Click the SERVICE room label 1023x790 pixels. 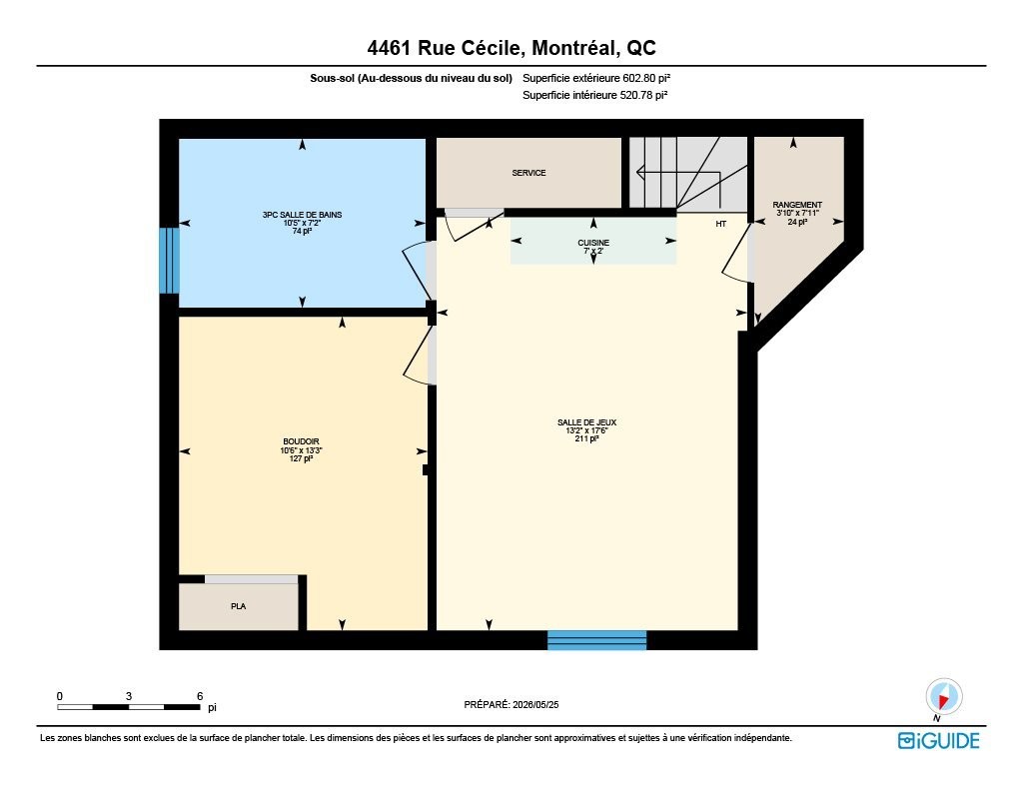coord(528,173)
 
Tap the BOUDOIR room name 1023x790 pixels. coord(301,441)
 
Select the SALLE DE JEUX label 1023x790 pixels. coord(586,422)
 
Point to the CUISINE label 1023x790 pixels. coord(593,243)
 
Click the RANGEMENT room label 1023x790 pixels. coord(797,205)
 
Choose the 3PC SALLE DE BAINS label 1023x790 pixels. coord(302,215)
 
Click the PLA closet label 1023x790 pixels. coord(238,606)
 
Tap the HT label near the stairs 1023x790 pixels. coord(721,224)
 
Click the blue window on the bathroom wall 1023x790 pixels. coord(170,261)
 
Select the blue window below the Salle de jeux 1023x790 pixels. coord(597,640)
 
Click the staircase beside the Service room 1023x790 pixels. coord(688,174)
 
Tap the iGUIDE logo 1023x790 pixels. coord(938,740)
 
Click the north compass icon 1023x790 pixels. coord(943,697)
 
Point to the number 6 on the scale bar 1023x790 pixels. coord(200,696)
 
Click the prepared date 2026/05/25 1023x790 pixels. coord(535,704)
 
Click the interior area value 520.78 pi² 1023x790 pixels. coord(642,95)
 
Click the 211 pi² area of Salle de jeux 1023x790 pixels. coord(586,439)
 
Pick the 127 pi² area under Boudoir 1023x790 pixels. coord(301,458)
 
